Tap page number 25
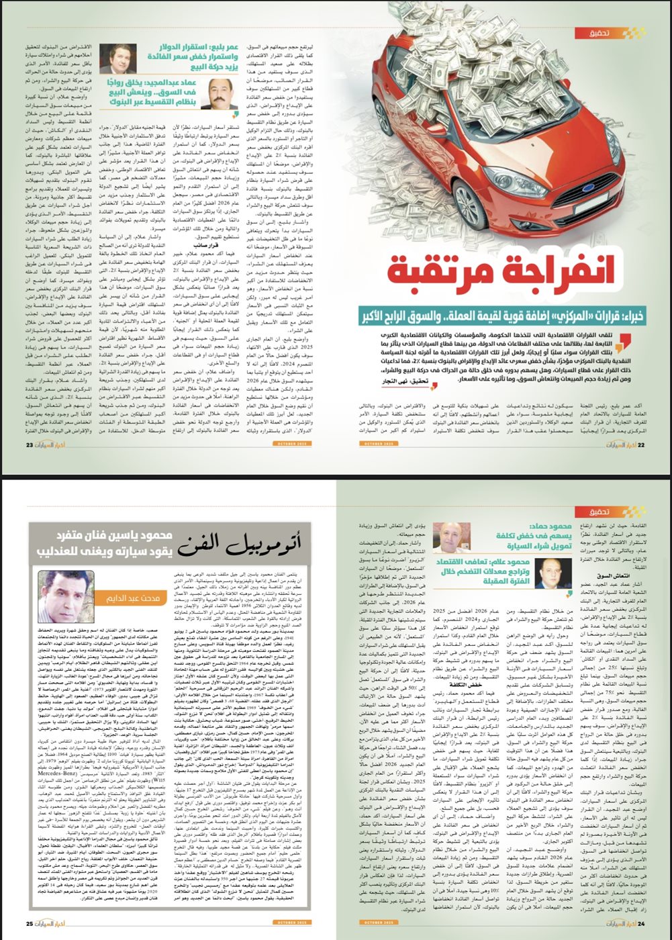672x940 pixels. pos(30,923)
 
